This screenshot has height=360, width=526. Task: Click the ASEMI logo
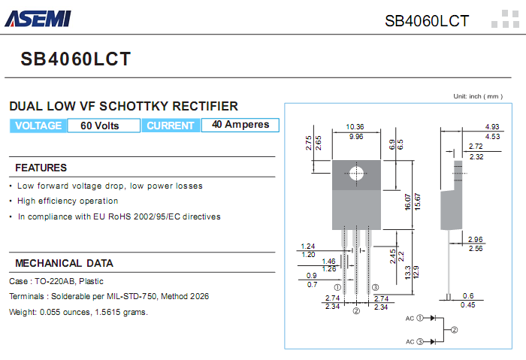click(x=38, y=17)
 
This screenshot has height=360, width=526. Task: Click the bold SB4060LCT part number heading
click(x=76, y=59)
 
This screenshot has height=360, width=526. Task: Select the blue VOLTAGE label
click(x=38, y=126)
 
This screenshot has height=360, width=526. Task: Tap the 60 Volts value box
click(x=100, y=126)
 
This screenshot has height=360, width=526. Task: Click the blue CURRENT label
click(x=171, y=126)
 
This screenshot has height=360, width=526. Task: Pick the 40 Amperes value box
click(x=240, y=125)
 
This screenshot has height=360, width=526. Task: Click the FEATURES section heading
click(x=41, y=168)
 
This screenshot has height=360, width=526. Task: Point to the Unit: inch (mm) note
click(x=477, y=96)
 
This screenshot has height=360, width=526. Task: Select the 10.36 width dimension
click(x=356, y=126)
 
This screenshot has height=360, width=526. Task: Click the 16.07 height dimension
click(x=408, y=201)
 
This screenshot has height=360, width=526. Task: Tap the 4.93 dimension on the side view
click(x=492, y=126)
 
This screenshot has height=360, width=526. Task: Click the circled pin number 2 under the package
click(x=356, y=310)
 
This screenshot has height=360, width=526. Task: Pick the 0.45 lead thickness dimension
click(x=468, y=304)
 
